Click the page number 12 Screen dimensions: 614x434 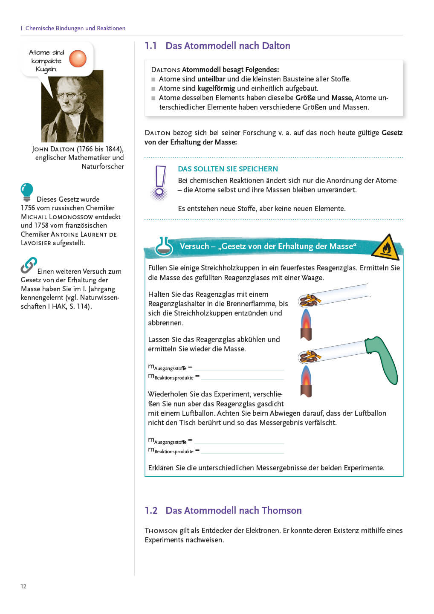pos(23,586)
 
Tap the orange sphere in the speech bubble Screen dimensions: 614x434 pos(78,58)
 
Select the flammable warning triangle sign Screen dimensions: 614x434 pos(385,247)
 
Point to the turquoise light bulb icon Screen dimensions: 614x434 pos(27,191)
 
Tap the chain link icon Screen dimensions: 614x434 pos(29,265)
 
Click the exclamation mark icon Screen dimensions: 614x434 pos(160,182)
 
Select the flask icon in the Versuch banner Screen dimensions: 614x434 pos(163,246)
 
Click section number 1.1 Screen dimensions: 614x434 pos(150,46)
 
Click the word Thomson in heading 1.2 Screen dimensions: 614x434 pos(281,510)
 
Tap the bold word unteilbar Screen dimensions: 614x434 pos(211,79)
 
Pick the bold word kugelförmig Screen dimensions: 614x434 pos(216,88)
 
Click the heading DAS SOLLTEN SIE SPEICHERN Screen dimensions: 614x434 pos(228,169)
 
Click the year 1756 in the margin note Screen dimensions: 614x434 pos(28,208)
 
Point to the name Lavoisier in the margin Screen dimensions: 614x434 pos(36,243)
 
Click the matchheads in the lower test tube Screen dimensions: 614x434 pos(310,356)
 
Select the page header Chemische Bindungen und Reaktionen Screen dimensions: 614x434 pos(75,28)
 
